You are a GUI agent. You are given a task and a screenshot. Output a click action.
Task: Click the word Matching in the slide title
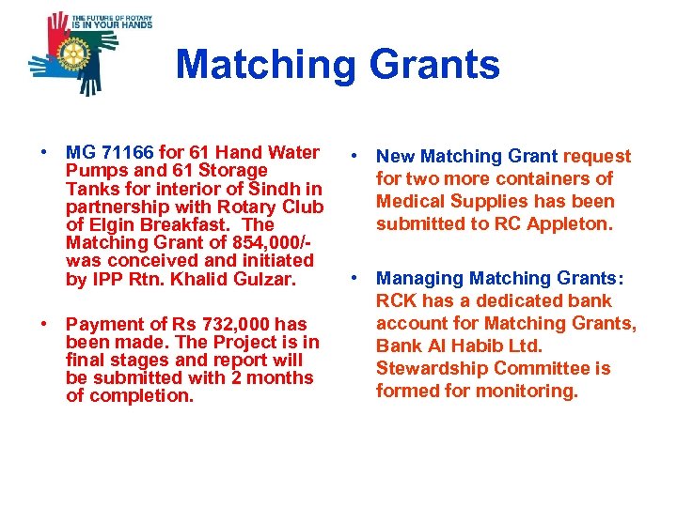tap(265, 65)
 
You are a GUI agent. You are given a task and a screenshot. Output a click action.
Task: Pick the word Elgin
tap(115, 225)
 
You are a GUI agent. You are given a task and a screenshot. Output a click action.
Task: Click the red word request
tap(597, 156)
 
